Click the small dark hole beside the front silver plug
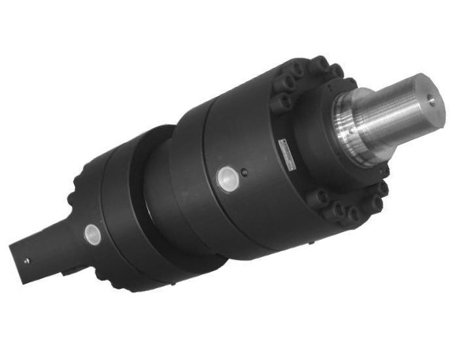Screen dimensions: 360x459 point(244,173)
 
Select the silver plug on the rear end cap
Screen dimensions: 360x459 point(92,233)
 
